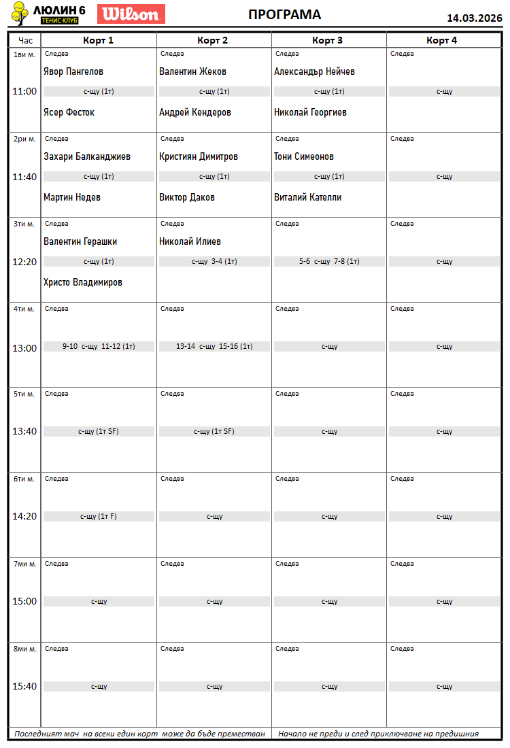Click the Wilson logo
pyautogui.click(x=131, y=14)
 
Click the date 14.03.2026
pyautogui.click(x=474, y=18)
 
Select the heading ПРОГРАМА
pyautogui.click(x=284, y=15)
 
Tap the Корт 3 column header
pyautogui.click(x=328, y=40)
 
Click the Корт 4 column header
pyautogui.click(x=442, y=40)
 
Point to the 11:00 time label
pyautogui.click(x=24, y=91)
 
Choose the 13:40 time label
pyautogui.click(x=24, y=431)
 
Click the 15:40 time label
pyautogui.click(x=24, y=686)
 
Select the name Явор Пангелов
pyautogui.click(x=73, y=71)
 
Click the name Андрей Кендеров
pyautogui.click(x=195, y=112)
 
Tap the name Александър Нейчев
pyautogui.click(x=314, y=71)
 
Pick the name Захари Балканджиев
pyautogui.click(x=87, y=156)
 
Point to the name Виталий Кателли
pyautogui.click(x=307, y=197)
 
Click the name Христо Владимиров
pyautogui.click(x=83, y=282)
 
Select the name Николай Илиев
pyautogui.click(x=190, y=241)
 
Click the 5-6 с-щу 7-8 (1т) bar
pyautogui.click(x=329, y=261)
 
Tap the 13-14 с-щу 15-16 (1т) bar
pyautogui.click(x=214, y=346)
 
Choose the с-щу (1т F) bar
pyautogui.click(x=99, y=516)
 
